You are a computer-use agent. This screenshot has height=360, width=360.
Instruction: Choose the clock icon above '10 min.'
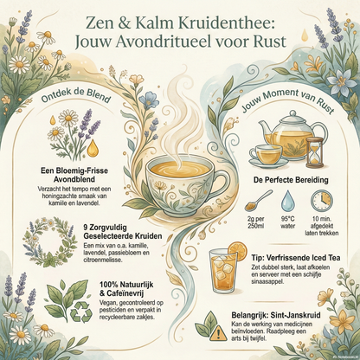pos(320,201)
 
